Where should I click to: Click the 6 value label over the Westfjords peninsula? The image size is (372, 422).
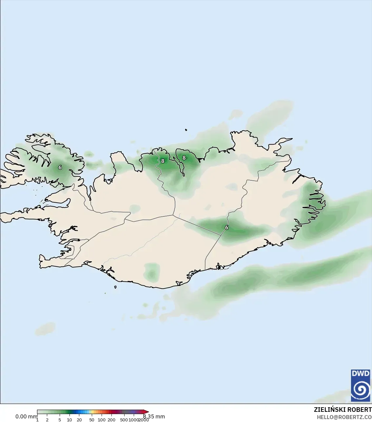60,168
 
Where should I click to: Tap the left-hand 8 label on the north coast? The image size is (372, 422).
163,161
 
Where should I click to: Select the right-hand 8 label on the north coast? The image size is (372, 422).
184,158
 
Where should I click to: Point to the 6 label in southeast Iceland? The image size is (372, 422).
226,227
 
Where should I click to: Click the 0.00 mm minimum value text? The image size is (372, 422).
26,417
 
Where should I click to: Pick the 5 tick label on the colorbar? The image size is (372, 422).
60,420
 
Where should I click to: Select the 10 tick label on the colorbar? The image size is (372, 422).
69,420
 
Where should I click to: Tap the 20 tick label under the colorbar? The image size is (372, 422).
79,420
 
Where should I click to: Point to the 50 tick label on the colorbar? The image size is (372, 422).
91,420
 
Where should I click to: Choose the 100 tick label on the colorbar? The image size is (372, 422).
102,420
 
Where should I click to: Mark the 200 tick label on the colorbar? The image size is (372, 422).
111,420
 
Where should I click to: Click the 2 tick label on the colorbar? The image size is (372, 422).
47,420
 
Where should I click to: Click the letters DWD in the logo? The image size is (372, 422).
361,373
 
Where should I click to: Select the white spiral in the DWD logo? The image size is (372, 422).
361,390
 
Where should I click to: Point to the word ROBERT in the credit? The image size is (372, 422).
360,410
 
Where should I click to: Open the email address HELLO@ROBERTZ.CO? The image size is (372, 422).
344,417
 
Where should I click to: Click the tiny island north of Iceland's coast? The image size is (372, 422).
186,130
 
